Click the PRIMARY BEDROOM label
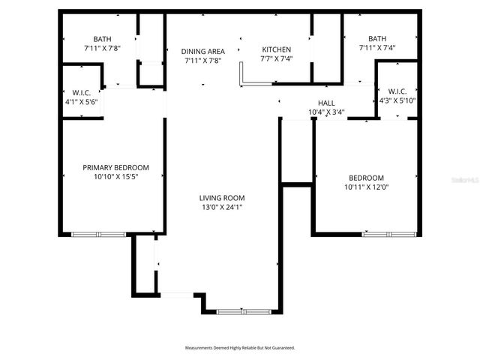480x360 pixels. point(115,167)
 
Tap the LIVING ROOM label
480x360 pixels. point(220,198)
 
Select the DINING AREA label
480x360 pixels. point(203,51)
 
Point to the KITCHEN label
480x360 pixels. point(275,49)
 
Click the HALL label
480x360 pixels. point(326,103)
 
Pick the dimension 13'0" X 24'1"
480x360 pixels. point(220,208)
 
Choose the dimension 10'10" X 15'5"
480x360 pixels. point(115,177)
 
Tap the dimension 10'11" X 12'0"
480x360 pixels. point(366,187)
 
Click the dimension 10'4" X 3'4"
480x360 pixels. point(326,112)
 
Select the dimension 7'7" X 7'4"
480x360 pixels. point(275,58)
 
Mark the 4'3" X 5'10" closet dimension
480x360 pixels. point(397,100)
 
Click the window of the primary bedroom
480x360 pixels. point(98,235)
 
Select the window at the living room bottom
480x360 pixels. point(241,310)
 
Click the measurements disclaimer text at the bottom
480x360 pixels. point(240,348)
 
